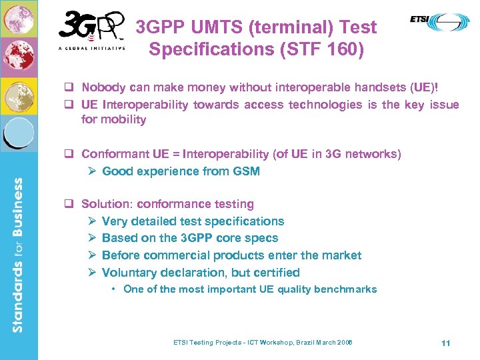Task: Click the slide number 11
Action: [446, 343]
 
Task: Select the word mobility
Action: [123, 120]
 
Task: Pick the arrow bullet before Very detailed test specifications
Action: [93, 221]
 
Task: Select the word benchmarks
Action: [347, 289]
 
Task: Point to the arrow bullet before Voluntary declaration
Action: [93, 273]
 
